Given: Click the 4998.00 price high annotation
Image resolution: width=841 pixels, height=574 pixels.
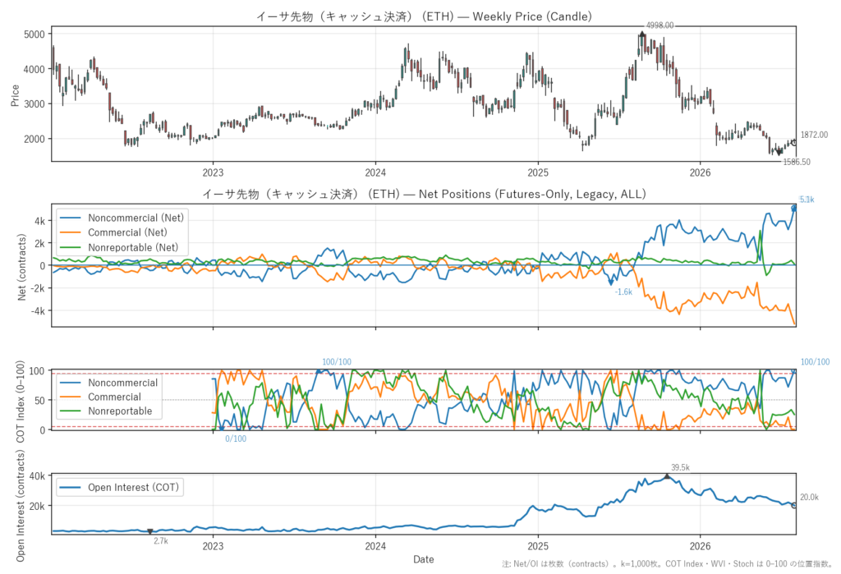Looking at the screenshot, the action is click(659, 25).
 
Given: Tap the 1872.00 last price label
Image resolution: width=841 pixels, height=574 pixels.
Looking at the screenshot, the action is click(814, 135).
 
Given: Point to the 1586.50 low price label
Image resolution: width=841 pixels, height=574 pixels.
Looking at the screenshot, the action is click(797, 162).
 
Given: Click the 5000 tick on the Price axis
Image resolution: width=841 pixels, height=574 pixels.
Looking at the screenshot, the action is click(34, 34).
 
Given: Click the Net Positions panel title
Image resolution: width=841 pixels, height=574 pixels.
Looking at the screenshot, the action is click(424, 194).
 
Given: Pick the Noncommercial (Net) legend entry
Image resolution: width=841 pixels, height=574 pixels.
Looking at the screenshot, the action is click(122, 218).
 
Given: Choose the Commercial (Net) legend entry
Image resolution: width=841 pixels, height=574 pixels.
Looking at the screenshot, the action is click(113, 232).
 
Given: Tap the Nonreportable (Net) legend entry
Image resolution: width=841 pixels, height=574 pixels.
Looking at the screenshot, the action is click(118, 247).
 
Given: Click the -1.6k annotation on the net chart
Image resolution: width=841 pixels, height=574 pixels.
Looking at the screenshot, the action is click(623, 292).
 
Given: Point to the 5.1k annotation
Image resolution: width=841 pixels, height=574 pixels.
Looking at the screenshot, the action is click(807, 200).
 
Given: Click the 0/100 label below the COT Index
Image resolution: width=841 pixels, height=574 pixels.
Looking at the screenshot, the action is click(236, 439).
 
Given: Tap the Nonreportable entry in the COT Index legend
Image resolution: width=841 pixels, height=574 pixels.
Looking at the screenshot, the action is click(106, 411).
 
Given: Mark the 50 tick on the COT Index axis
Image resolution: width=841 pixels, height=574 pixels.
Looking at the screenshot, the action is click(39, 400).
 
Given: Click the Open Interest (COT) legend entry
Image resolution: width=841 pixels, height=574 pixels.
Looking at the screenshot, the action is click(120, 487).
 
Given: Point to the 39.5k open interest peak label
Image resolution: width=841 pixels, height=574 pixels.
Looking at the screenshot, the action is click(680, 468).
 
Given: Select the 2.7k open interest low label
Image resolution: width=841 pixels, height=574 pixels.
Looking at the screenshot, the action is click(161, 541).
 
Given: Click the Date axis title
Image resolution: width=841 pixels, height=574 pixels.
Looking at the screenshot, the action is click(424, 559).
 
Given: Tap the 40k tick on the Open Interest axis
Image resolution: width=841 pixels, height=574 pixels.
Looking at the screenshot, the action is click(37, 475).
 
